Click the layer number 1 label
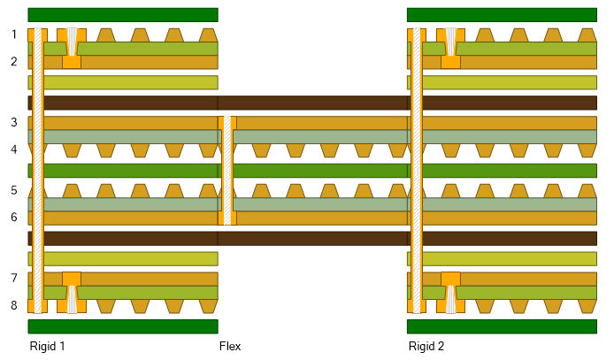pos(14,34)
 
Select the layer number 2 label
pos(14,62)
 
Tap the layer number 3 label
pos(14,122)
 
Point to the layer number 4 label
pos(14,149)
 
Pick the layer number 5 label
pos(14,190)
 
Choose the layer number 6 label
pos(14,218)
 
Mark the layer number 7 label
pos(14,278)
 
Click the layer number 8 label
pos(14,305)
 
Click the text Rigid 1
pos(47,346)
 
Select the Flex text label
pos(229,346)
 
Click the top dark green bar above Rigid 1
pos(123,14)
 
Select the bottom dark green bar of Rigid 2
pos(502,326)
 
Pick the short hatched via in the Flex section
pos(227,170)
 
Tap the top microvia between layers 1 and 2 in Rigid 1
pos(72,45)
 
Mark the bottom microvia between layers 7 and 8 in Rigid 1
pos(72,295)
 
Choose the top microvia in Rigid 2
pos(450,45)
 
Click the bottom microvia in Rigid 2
pos(450,295)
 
